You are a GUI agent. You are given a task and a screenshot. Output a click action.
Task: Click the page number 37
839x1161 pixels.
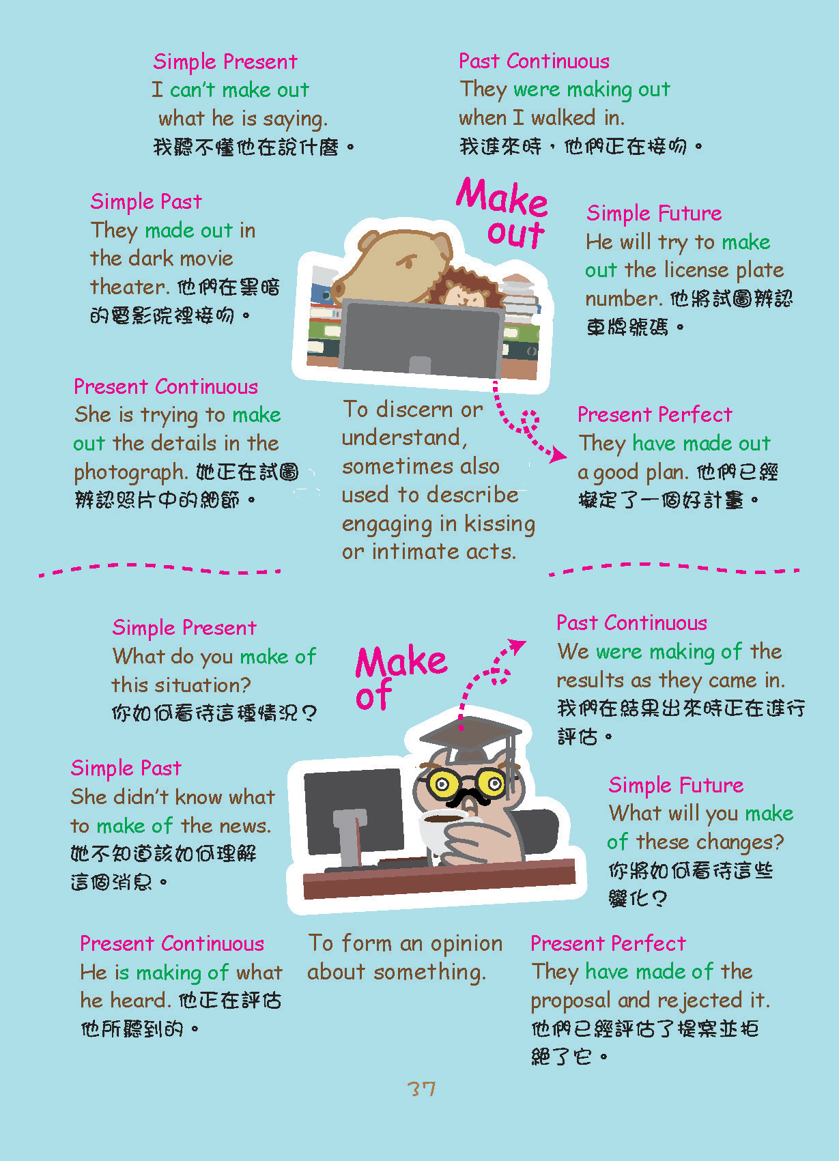(421, 1089)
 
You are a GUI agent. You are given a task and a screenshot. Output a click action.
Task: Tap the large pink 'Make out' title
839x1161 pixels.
(502, 212)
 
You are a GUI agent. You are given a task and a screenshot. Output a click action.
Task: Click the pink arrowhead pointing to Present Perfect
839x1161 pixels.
(558, 455)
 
